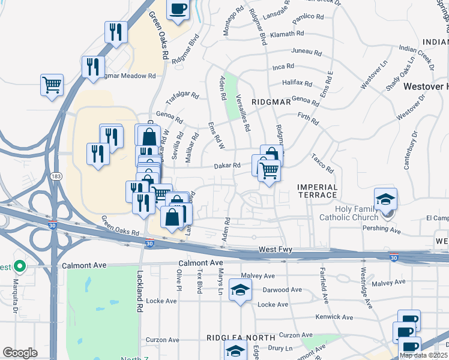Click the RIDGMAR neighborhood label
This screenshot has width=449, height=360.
coord(271,102)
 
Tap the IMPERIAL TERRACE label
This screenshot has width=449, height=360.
coord(318,191)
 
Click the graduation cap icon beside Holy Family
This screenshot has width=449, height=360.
coord(385,199)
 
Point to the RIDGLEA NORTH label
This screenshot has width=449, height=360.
coord(231,338)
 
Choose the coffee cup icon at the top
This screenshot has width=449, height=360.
coord(178,9)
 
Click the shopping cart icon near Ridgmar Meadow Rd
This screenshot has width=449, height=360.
coord(52,85)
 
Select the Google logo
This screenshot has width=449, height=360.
coord(20,353)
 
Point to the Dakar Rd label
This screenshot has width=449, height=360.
coord(228,166)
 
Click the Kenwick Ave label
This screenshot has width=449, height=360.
coord(334,317)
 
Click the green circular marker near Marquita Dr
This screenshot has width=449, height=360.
coord(19,265)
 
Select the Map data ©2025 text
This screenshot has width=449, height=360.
coord(423,355)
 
